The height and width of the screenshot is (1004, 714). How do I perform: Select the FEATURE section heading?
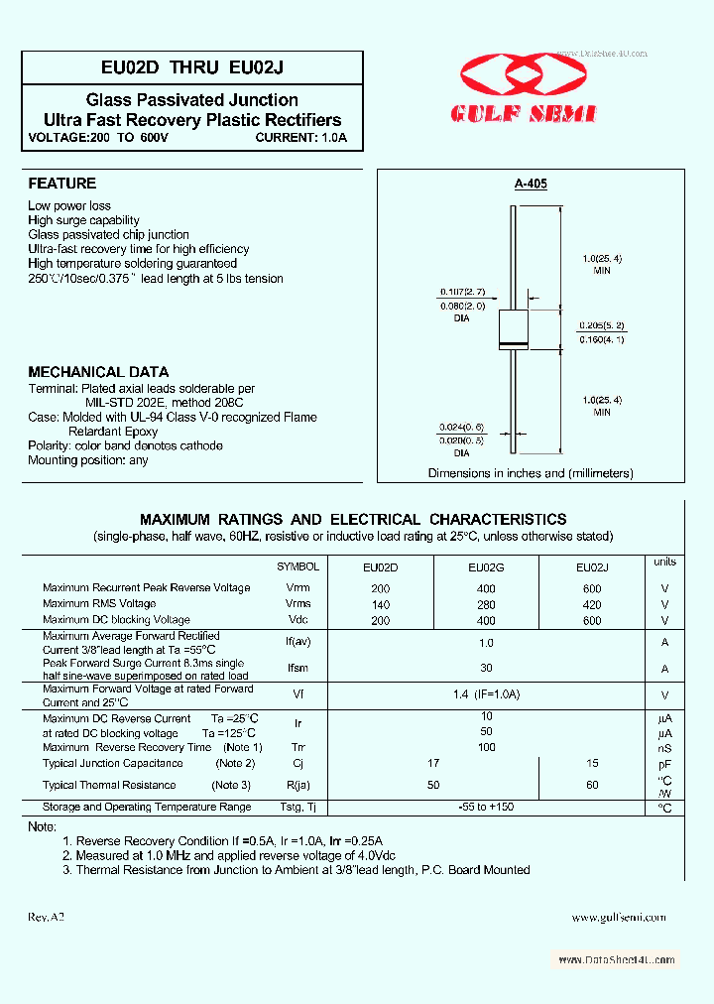(61, 184)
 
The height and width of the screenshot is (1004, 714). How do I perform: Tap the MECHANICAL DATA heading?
(98, 372)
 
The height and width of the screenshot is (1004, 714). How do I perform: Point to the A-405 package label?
(531, 184)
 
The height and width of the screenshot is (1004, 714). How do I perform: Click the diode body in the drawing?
(512, 326)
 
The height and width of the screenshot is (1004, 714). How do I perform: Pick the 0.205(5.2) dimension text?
(602, 324)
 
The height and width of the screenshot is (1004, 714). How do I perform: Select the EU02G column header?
(486, 567)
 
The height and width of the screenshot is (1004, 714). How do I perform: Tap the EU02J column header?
(592, 567)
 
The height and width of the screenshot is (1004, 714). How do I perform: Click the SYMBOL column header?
(297, 566)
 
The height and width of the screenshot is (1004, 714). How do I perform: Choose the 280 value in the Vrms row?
(486, 604)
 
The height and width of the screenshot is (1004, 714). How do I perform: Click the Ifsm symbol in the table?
(297, 669)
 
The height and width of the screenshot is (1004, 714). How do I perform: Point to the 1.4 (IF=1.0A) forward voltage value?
(486, 695)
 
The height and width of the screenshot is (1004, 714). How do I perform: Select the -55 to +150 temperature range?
(486, 807)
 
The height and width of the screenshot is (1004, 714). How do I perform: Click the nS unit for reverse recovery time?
(664, 748)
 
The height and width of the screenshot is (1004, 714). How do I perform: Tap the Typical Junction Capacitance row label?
(113, 763)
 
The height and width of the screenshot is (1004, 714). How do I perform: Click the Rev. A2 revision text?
(47, 918)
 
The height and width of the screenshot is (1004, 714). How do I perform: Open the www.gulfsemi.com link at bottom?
(619, 918)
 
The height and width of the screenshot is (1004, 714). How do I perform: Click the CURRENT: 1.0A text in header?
(301, 137)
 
